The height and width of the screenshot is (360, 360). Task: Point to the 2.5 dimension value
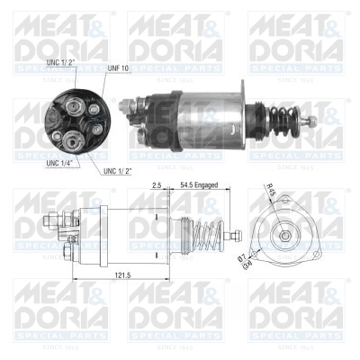click(x=157, y=184)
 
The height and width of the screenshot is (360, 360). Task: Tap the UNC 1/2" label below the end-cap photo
click(x=120, y=171)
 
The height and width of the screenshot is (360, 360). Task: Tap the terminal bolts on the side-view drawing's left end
click(x=68, y=229)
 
